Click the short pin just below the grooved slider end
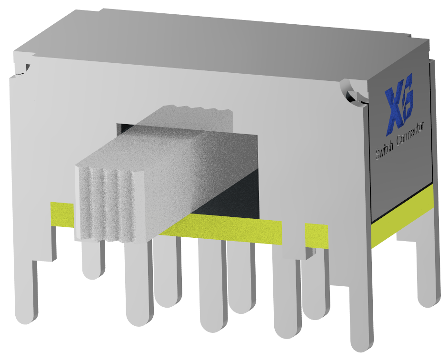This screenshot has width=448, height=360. [93, 259]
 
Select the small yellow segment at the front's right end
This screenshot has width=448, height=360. [316, 235]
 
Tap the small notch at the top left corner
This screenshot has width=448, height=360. [21, 70]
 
